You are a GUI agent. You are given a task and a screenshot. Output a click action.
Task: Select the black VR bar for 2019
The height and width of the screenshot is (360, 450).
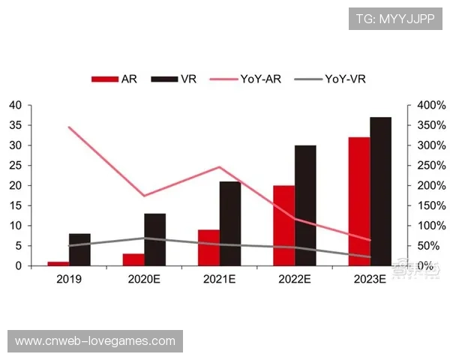[79, 250]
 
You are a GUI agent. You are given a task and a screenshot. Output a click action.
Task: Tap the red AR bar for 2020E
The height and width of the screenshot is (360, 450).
[133, 259]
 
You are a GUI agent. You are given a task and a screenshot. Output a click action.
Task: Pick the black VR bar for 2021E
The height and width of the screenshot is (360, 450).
[230, 223]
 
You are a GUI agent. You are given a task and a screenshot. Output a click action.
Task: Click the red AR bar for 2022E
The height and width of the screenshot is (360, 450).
[283, 225]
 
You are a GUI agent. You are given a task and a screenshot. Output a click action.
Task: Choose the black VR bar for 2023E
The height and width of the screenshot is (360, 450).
[380, 191]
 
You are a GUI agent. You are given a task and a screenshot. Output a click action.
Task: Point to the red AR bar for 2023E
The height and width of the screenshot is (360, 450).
[358, 201]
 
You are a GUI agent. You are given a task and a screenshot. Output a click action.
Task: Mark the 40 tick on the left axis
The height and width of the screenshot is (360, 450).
[15, 105]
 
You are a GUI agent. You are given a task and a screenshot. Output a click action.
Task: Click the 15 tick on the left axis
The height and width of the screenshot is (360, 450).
[15, 205]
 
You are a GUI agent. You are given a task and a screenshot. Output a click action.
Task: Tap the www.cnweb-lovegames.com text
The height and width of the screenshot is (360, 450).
[95, 341]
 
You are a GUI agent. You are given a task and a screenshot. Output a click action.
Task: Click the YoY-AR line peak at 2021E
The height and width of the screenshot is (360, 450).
[219, 167]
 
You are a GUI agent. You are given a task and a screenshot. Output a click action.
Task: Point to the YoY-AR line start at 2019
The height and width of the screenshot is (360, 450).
[69, 127]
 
